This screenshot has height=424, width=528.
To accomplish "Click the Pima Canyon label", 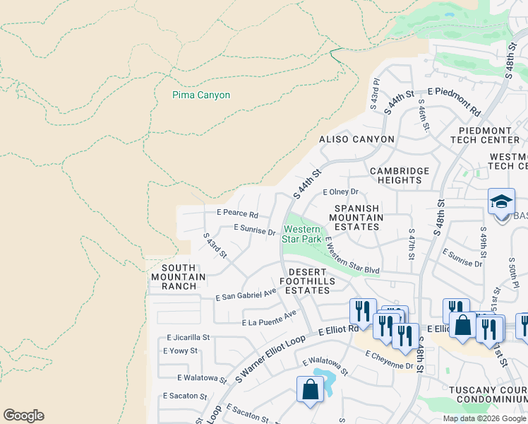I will (201, 95).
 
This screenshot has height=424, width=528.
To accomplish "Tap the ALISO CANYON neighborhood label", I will (356, 139).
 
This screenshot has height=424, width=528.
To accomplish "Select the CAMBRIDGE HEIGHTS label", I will (400, 175).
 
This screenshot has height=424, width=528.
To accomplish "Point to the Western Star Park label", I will (302, 234).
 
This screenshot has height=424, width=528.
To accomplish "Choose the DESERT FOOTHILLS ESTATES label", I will (308, 281).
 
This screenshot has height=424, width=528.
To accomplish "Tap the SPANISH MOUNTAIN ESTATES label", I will (359, 218).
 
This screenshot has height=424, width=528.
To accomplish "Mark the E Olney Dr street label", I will (341, 192).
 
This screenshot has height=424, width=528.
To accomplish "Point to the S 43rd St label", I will (215, 245).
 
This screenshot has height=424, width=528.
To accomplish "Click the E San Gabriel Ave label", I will (246, 294).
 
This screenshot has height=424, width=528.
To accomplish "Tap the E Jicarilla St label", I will (188, 338).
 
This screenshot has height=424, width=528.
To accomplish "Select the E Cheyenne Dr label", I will (389, 360).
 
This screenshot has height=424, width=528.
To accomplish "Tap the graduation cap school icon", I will (501, 201).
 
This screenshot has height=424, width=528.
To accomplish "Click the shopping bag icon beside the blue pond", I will (310, 389).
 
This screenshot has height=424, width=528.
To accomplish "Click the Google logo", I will (23, 416).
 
